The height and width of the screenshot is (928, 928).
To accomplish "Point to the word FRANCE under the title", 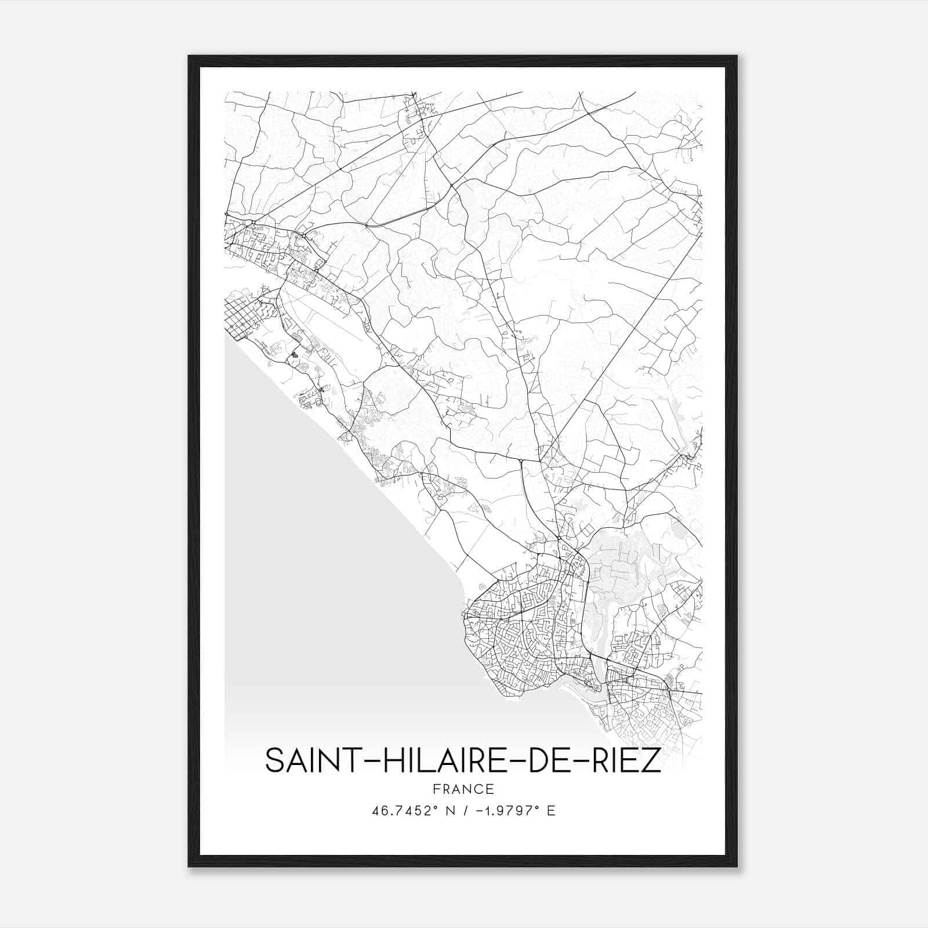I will pos(463,789).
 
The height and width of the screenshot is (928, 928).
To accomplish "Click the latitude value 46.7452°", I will pos(404,811).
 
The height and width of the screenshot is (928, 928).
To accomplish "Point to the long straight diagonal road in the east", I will pos(626,342).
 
